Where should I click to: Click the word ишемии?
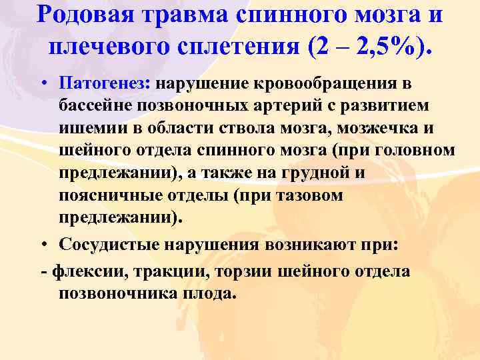pyautogui.click(x=89, y=128)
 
